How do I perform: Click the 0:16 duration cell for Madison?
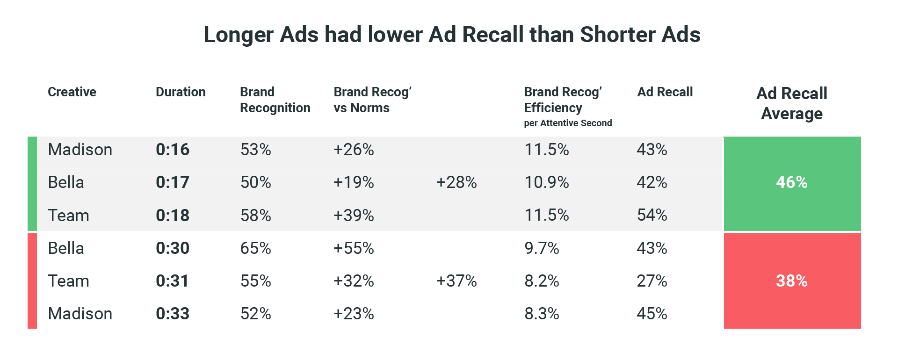pos(173,150)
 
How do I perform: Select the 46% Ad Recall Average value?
pos(791,182)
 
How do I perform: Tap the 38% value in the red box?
pos(791,281)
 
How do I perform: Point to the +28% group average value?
pos(456,182)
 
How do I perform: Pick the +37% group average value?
pos(456,281)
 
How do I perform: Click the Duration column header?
pos(181,92)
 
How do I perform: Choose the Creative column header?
pos(72,92)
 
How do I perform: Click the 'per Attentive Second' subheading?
pos(568,123)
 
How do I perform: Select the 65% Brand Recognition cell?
pos(255,248)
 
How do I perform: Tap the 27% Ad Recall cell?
pos(652,281)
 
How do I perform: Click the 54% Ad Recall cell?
pos(652,215)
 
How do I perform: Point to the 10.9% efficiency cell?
pos(546,182)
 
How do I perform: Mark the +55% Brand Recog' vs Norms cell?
pos(354,248)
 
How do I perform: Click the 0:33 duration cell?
pos(173,314)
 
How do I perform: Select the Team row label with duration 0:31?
pos(68,281)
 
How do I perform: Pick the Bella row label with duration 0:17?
pos(66,182)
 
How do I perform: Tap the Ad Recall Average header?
pos(791,103)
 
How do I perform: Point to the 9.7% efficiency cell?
pos(542,248)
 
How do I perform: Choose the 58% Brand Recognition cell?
pos(255,215)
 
